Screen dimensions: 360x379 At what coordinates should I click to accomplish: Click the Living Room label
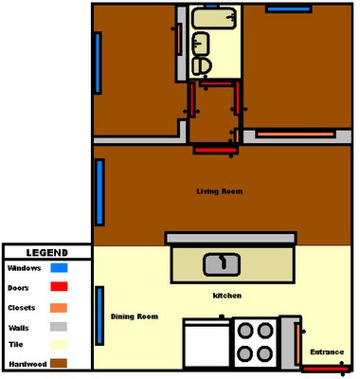(x=220, y=191)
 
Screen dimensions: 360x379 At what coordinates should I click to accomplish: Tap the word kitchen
(x=227, y=296)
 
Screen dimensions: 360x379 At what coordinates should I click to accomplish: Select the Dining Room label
(x=135, y=316)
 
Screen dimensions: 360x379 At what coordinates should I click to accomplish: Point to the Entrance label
(x=327, y=352)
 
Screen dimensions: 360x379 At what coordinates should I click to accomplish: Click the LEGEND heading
(x=47, y=253)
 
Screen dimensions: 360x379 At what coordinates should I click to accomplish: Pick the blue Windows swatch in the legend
(x=59, y=268)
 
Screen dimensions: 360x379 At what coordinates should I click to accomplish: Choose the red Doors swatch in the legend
(x=59, y=286)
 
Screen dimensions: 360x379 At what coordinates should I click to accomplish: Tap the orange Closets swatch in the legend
(x=59, y=308)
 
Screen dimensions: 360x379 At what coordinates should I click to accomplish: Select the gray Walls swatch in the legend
(x=59, y=327)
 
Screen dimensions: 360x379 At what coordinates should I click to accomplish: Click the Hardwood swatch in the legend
(x=59, y=363)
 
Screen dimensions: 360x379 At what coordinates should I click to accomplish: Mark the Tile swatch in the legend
(x=59, y=345)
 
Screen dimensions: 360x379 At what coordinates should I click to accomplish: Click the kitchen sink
(x=222, y=263)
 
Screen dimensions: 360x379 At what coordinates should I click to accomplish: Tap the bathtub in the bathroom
(x=214, y=19)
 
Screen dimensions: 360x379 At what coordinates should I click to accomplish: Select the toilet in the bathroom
(x=202, y=66)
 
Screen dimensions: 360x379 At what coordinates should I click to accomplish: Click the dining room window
(x=99, y=316)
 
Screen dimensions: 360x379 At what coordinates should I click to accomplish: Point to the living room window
(x=99, y=192)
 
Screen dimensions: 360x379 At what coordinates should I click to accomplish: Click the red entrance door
(x=325, y=369)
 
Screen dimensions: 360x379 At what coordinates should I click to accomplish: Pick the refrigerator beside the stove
(x=207, y=343)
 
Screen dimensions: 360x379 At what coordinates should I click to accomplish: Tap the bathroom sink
(x=201, y=44)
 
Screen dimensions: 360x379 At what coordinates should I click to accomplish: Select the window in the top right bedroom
(x=289, y=9)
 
